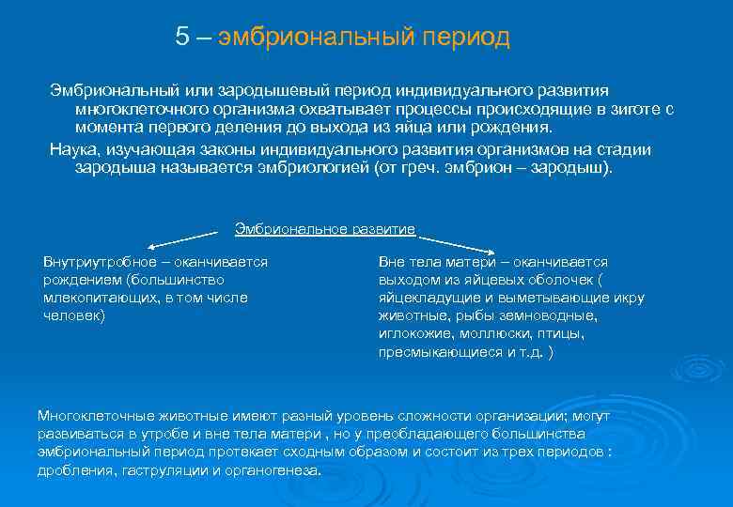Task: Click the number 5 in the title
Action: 181,37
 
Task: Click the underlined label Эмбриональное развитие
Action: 324,228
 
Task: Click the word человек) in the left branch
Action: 75,315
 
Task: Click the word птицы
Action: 564,333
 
